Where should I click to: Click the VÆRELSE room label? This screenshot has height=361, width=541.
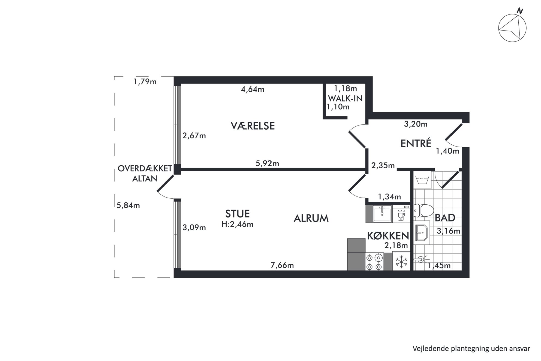(x=253, y=126)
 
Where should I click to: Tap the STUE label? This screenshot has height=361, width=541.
(x=238, y=213)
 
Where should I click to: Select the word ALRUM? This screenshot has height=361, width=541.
(x=311, y=218)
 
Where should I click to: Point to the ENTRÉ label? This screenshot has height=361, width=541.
(x=416, y=143)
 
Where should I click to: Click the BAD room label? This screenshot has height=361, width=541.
(x=445, y=218)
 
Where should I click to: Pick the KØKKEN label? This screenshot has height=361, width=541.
(x=388, y=235)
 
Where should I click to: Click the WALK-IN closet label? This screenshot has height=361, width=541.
(x=345, y=98)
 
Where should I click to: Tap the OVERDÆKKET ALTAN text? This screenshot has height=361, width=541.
(x=145, y=173)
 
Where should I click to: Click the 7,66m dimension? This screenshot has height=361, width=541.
(x=282, y=265)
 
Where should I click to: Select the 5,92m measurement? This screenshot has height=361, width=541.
(x=267, y=163)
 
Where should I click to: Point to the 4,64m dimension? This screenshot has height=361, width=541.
(x=253, y=89)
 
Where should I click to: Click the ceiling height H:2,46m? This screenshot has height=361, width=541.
(x=238, y=224)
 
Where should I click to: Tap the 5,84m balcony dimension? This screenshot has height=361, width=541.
(x=128, y=205)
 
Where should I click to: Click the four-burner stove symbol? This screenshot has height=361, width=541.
(x=374, y=262)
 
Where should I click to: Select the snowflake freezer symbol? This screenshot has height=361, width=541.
(x=401, y=262)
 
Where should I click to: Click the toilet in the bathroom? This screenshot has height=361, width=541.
(x=423, y=210)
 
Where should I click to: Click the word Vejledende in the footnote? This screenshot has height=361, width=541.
(x=427, y=349)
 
